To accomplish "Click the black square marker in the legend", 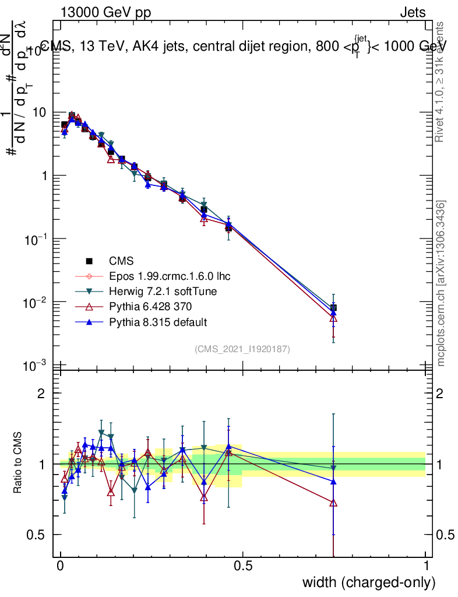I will [x=89, y=261].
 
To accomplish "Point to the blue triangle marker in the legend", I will [x=89, y=322].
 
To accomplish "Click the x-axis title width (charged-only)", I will [x=368, y=582].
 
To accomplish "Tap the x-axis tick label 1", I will [x=426, y=566].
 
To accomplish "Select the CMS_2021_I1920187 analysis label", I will [x=242, y=349].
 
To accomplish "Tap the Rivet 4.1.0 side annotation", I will [x=441, y=82].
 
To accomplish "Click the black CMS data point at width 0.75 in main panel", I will [x=333, y=308].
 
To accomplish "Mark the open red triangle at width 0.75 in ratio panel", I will [x=333, y=503].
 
